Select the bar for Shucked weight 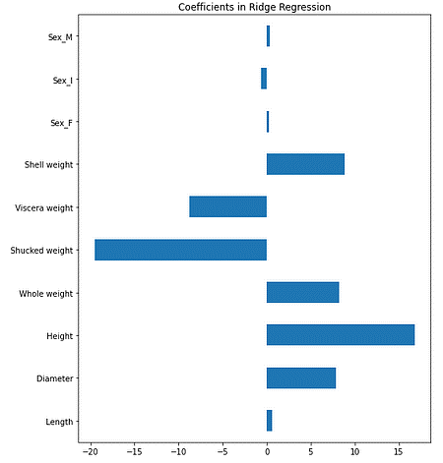tap(180, 250)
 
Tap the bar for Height tap(340, 335)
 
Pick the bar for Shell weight tap(305, 165)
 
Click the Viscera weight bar tap(227, 207)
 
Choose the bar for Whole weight tap(302, 293)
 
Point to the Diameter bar tap(300, 377)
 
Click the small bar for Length tap(269, 421)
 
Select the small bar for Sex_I tap(264, 80)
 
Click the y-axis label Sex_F tap(64, 123)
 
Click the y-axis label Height tap(62, 336)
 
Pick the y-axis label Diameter tap(57, 378)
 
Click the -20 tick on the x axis tap(89, 453)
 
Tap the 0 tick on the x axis tap(267, 453)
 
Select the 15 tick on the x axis tap(399, 453)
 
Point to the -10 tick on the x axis tap(177, 453)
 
